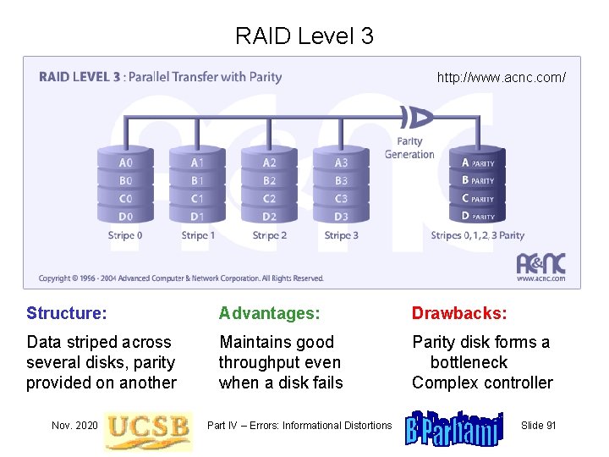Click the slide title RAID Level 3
click(304, 36)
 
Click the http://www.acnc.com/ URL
click(501, 78)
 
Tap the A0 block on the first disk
click(125, 162)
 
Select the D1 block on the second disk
click(197, 217)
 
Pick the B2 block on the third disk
click(269, 180)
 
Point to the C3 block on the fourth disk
click(341, 199)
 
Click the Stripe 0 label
click(125, 235)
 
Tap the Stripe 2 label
click(269, 235)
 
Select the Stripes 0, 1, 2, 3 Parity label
click(477, 235)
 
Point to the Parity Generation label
click(409, 148)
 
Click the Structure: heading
click(67, 313)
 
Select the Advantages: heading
click(270, 313)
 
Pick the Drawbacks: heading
click(459, 313)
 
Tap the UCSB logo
click(147, 427)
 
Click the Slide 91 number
click(539, 425)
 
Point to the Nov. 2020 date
click(74, 425)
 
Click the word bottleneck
click(469, 362)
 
